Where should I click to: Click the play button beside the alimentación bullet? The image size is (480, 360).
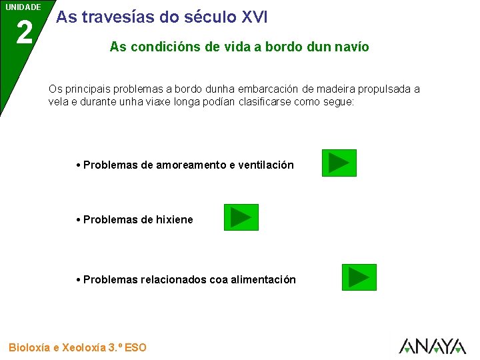point(359,277)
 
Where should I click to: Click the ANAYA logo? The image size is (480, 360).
point(432,345)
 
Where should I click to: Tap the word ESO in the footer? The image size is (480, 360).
point(135,347)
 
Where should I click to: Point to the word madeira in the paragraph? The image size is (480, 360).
point(337,89)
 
